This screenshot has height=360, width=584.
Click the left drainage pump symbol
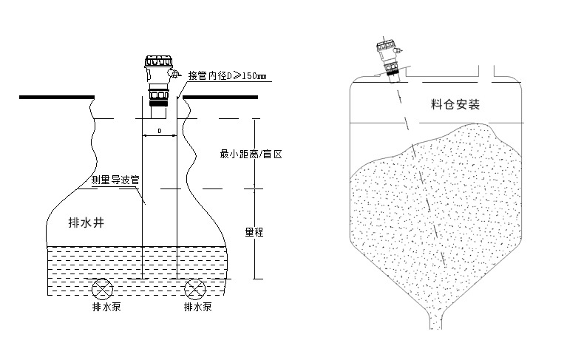(x=103, y=289)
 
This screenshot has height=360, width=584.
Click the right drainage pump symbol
(x=195, y=289)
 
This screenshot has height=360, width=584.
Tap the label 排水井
(x=86, y=223)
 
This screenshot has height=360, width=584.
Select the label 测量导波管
(x=115, y=180)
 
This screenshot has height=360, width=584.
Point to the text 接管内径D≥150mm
(x=227, y=76)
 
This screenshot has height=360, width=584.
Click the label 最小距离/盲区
(x=251, y=154)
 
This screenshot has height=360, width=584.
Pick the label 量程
(x=254, y=232)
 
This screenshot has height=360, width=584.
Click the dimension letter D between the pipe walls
(x=160, y=131)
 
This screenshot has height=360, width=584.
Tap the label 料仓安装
(x=455, y=104)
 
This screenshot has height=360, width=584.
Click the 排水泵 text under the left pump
(x=106, y=307)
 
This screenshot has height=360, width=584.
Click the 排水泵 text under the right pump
(x=198, y=307)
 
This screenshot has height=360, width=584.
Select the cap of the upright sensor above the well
(x=159, y=61)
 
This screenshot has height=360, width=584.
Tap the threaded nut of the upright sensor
(x=159, y=95)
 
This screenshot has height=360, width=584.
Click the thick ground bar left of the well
(x=57, y=97)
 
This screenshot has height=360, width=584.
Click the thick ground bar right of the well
(x=220, y=97)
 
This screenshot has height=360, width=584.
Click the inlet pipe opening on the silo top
(x=486, y=72)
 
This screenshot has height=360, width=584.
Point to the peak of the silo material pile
(x=475, y=124)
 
